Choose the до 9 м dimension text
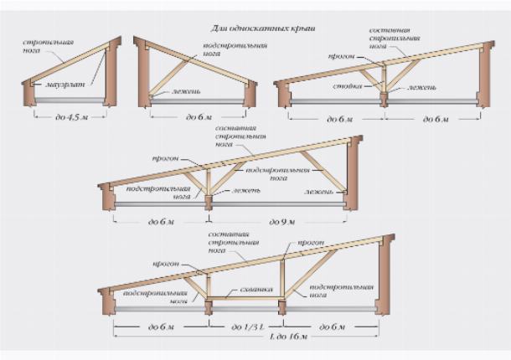[278, 222]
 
